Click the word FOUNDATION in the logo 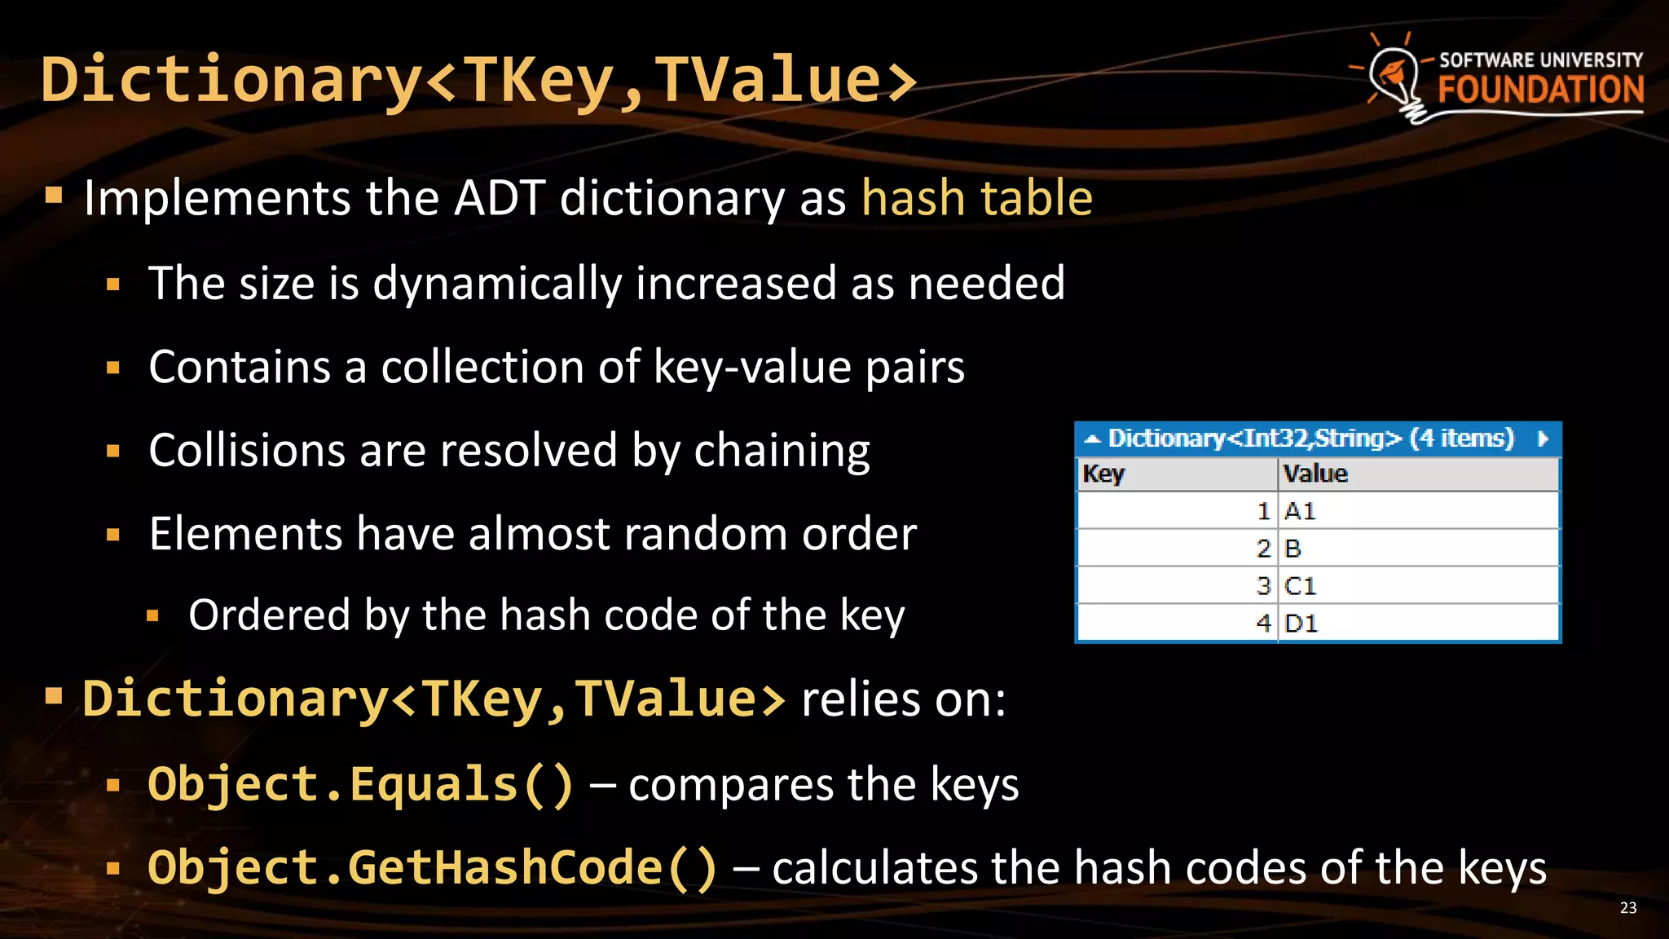1540,90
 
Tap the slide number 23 1627,908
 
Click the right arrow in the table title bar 1542,439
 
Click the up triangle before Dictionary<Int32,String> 1092,440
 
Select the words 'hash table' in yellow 976,198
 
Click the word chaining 782,451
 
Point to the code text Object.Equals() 361,784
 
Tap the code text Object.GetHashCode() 433,867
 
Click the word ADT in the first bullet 500,198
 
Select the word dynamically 497,284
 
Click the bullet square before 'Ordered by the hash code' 152,616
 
